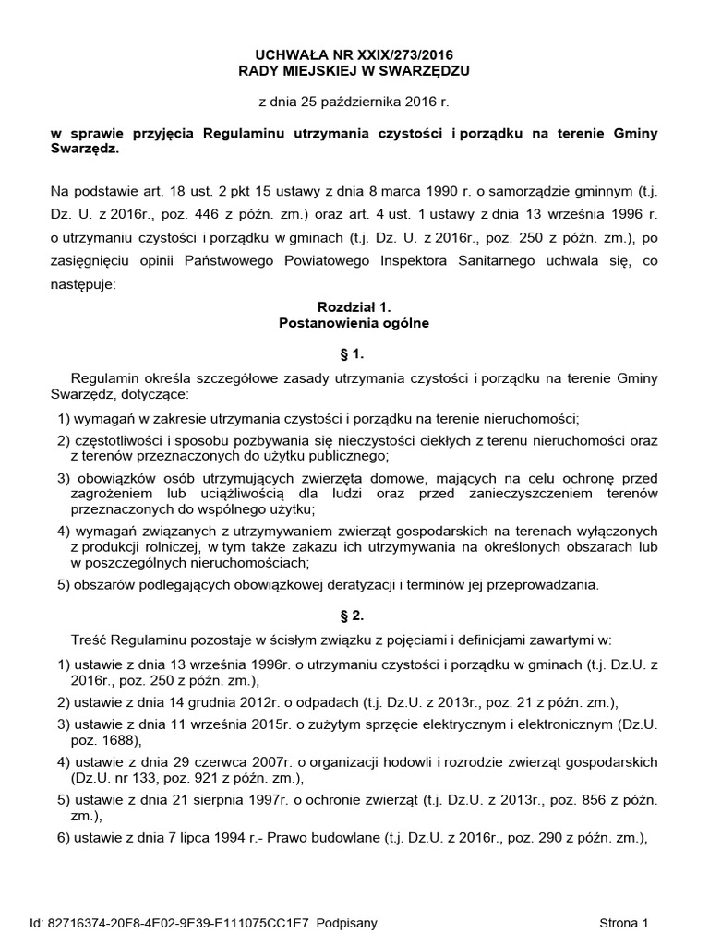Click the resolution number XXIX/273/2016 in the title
pos(403,56)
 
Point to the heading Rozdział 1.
pos(354,306)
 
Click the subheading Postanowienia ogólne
pos(354,323)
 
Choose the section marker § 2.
pos(354,614)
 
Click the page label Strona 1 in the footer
pos(625,922)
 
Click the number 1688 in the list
pos(118,740)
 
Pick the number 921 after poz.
pos(182,779)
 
